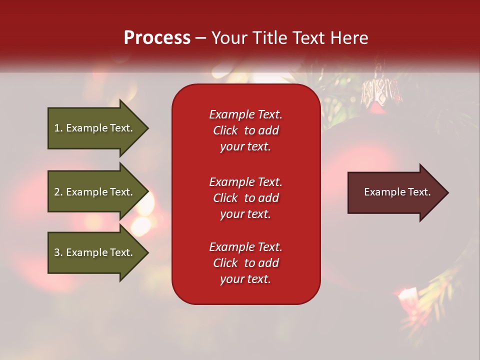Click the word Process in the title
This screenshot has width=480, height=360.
[157, 38]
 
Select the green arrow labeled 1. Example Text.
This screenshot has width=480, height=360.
[95, 128]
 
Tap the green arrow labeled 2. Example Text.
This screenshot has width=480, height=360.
[95, 192]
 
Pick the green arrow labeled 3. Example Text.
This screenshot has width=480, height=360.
[95, 252]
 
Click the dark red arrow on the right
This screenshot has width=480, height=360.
[395, 192]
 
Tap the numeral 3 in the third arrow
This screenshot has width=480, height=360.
[57, 252]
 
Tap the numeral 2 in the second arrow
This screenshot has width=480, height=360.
[57, 192]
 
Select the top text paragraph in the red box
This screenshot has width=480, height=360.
[245, 130]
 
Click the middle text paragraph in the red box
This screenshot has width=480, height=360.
[245, 197]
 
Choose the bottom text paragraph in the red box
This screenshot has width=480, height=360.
[245, 263]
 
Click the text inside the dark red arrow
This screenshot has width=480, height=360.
[397, 192]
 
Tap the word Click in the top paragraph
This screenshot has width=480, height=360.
[225, 130]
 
